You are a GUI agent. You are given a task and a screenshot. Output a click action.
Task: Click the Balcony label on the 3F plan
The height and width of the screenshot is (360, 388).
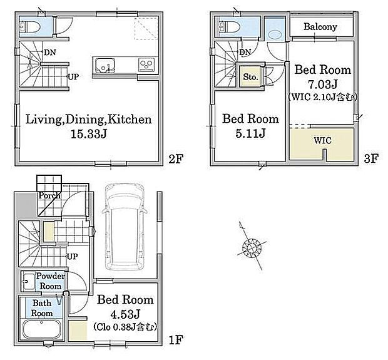tap(320, 27)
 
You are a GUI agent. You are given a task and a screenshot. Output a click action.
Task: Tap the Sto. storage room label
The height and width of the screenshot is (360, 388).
tap(250, 77)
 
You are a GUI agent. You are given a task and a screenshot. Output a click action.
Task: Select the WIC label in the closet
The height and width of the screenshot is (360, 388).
tap(322, 141)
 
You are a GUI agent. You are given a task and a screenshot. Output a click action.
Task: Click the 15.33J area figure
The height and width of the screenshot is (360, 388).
tap(89, 134)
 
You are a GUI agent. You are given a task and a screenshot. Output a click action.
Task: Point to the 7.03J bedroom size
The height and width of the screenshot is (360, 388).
tap(323, 85)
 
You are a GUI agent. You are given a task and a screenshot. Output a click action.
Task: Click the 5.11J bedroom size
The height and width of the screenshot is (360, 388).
tap(250, 133)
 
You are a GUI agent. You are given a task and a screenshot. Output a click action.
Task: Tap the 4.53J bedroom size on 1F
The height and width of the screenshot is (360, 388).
tap(125, 314)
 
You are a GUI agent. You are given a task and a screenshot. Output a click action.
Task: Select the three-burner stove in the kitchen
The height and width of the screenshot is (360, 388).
tap(146, 65)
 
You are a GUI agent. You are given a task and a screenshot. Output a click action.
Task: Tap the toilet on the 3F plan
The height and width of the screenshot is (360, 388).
tap(229, 26)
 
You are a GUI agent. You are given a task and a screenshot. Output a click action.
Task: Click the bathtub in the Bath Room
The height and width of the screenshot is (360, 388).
tap(41, 329)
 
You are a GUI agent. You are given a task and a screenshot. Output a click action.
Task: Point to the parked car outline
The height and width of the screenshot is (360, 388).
tap(124, 226)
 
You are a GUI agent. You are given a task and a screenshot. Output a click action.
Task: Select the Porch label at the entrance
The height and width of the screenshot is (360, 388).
tap(49, 195)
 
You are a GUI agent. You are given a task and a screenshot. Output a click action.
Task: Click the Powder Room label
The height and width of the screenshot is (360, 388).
tap(50, 281)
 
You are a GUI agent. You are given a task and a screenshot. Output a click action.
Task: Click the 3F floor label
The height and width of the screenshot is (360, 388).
tap(371, 158)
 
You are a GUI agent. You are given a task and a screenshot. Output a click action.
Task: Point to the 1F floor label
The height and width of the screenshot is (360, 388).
tap(175, 340)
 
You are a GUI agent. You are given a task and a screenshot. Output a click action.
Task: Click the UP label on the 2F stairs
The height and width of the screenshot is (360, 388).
tap(73, 76)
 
